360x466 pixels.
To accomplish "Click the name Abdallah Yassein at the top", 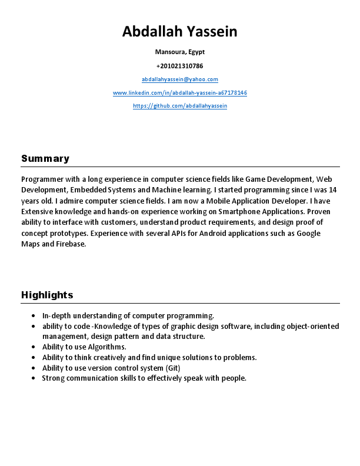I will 179,32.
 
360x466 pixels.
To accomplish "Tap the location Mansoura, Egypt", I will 179,52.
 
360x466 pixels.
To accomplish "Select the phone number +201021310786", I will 179,66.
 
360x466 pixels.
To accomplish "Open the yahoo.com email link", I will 179,79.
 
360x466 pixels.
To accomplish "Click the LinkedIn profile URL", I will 179,93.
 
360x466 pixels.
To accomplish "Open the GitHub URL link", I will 179,106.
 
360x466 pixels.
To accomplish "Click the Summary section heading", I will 45,158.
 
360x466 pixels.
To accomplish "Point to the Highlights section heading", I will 47,295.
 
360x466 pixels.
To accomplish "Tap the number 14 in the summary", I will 332,190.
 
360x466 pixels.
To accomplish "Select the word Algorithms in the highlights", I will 109,347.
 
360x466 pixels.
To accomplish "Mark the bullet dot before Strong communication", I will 36,378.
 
